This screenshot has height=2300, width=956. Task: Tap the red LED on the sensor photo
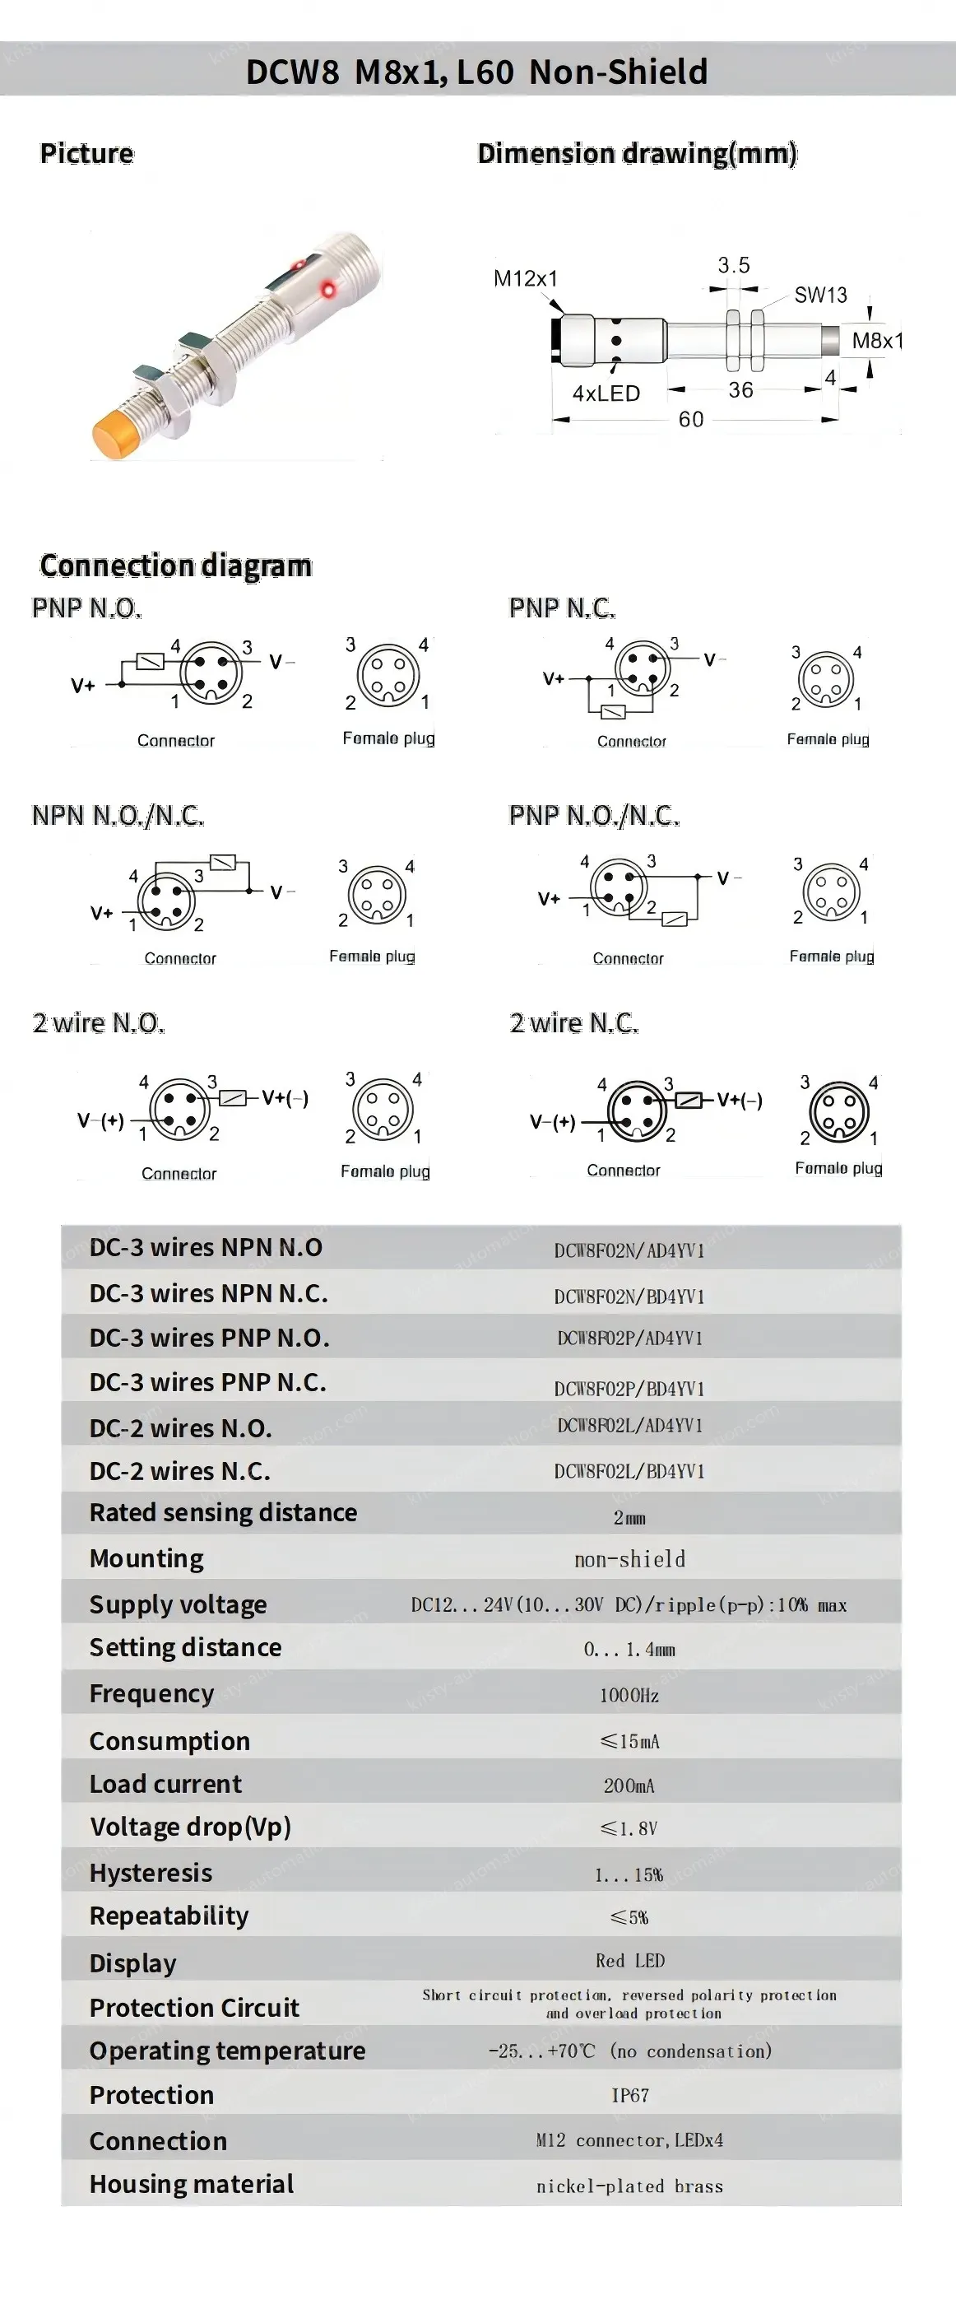328,287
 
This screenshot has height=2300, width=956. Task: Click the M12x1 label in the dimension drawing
525,278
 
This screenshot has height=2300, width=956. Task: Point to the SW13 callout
820,295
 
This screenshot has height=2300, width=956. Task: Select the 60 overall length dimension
691,419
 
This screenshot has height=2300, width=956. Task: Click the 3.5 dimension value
734,265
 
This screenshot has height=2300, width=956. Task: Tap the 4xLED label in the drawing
606,393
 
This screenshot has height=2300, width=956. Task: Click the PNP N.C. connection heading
561,608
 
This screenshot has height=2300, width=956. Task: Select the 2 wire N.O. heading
98,1022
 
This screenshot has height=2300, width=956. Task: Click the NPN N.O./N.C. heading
118,815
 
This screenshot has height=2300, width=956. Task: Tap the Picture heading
86,154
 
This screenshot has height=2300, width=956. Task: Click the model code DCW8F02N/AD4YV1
629,1250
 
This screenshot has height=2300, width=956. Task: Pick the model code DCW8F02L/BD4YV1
629,1470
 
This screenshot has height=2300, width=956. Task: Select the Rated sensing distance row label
223,1512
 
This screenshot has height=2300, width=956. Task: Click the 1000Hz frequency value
629,1695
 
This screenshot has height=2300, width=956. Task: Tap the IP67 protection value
629,2095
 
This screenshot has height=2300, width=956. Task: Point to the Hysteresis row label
151,1872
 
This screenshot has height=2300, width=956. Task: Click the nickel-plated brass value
629,2186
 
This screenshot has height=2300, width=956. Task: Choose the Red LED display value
629,1961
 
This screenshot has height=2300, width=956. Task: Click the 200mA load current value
629,1785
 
